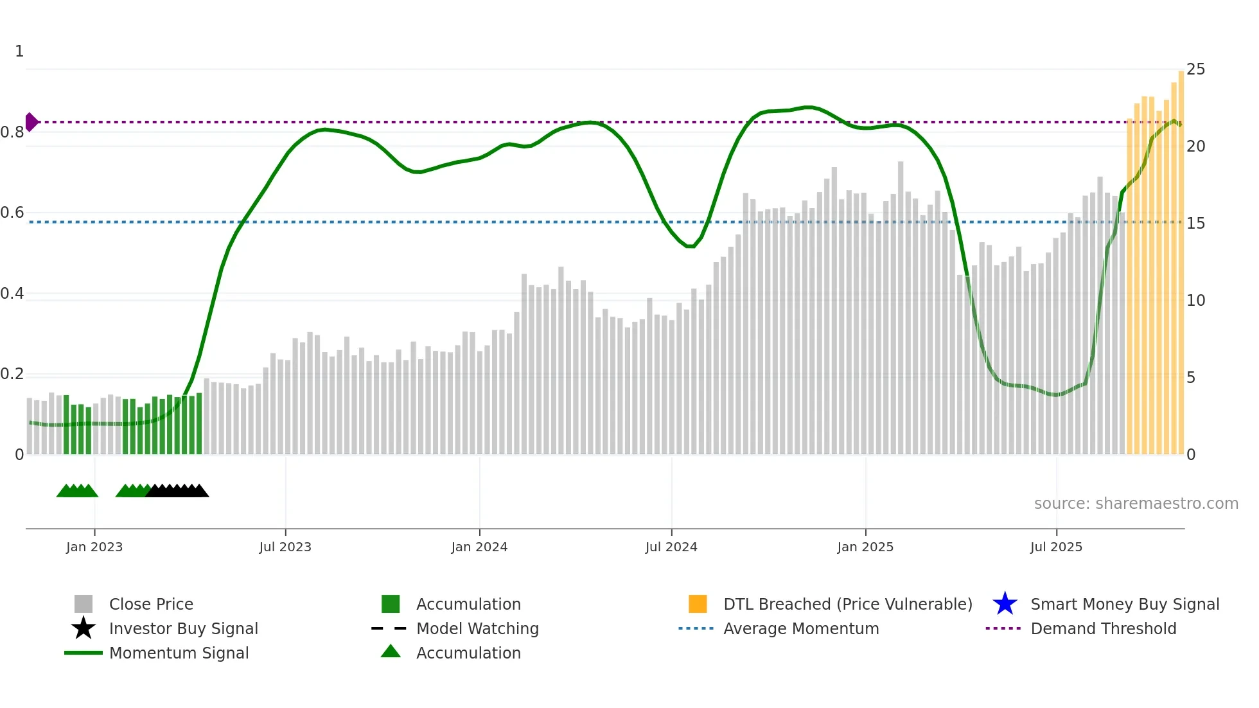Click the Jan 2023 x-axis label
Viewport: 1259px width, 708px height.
[x=94, y=547]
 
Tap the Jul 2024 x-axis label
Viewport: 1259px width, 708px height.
[x=671, y=547]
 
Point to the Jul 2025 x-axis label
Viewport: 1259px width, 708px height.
[x=1056, y=547]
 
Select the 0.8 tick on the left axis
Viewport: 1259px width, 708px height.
[x=12, y=132]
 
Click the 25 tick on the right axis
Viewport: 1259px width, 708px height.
[x=1195, y=69]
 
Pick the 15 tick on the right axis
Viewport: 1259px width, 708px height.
[x=1195, y=224]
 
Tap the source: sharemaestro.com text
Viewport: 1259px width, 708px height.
[x=1136, y=504]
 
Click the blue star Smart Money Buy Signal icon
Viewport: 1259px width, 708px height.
[x=1005, y=604]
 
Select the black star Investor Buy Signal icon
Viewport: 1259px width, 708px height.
[x=84, y=628]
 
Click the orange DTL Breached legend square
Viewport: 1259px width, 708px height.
[x=698, y=604]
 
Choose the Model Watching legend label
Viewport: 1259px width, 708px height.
[x=477, y=628]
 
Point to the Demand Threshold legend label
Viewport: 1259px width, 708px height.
[x=1103, y=628]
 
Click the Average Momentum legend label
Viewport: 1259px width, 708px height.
[x=801, y=628]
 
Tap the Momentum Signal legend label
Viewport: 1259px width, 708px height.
[x=179, y=653]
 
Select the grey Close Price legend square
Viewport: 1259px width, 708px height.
[x=84, y=604]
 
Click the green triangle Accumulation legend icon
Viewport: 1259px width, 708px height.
[x=391, y=651]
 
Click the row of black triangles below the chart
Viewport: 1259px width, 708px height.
[x=177, y=491]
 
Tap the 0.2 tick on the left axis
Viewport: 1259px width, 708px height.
[x=12, y=374]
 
